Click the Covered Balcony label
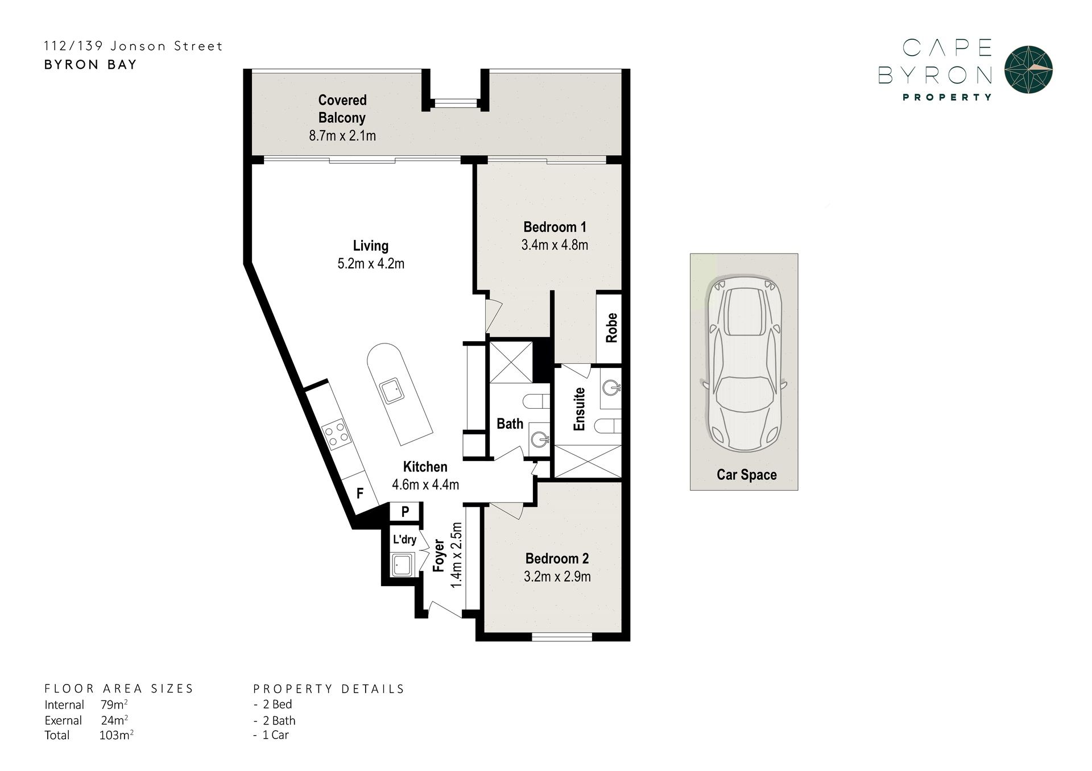point(342,109)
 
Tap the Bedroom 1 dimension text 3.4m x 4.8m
point(555,245)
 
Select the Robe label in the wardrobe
point(611,328)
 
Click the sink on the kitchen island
point(392,391)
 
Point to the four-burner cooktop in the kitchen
point(336,434)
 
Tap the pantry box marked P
point(405,512)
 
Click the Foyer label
point(439,555)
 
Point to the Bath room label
point(510,424)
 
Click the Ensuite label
point(580,409)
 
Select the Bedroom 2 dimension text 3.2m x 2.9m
point(557,577)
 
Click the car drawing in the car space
point(744,364)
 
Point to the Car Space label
point(746,475)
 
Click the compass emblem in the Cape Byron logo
point(1028,69)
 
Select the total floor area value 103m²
point(116,735)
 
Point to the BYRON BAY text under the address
point(90,64)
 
